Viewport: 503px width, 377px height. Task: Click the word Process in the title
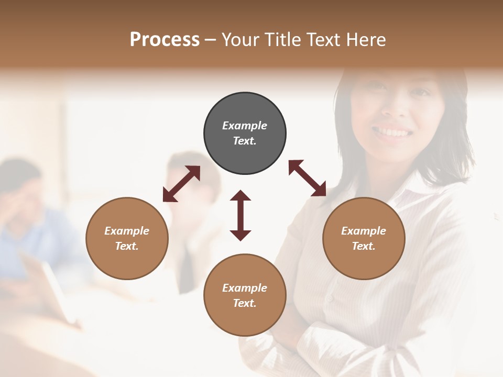click(x=165, y=40)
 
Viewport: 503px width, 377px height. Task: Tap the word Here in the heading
click(x=365, y=40)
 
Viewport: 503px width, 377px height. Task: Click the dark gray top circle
click(x=245, y=133)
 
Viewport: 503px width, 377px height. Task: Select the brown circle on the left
click(x=127, y=238)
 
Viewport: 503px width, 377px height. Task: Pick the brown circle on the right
click(x=364, y=238)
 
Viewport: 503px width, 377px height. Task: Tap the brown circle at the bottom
click(x=245, y=295)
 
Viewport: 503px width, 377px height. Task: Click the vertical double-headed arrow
click(x=240, y=215)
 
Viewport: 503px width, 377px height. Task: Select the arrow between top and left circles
click(x=181, y=184)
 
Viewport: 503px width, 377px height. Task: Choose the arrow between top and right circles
click(x=307, y=178)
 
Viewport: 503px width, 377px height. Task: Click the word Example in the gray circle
click(x=245, y=126)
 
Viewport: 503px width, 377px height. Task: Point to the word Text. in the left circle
click(x=127, y=246)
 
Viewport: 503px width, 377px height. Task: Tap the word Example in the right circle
click(x=364, y=231)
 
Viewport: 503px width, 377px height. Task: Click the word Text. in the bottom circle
click(x=245, y=303)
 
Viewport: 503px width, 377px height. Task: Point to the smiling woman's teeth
click(x=392, y=130)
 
